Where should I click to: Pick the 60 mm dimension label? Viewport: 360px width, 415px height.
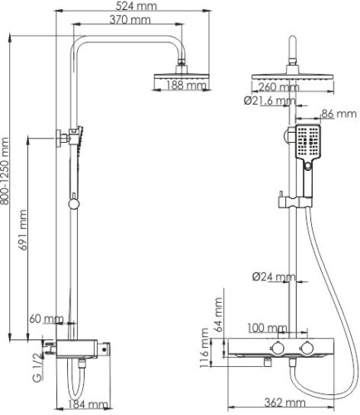(x=48, y=319)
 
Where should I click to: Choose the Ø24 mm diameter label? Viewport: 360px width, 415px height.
(x=274, y=276)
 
